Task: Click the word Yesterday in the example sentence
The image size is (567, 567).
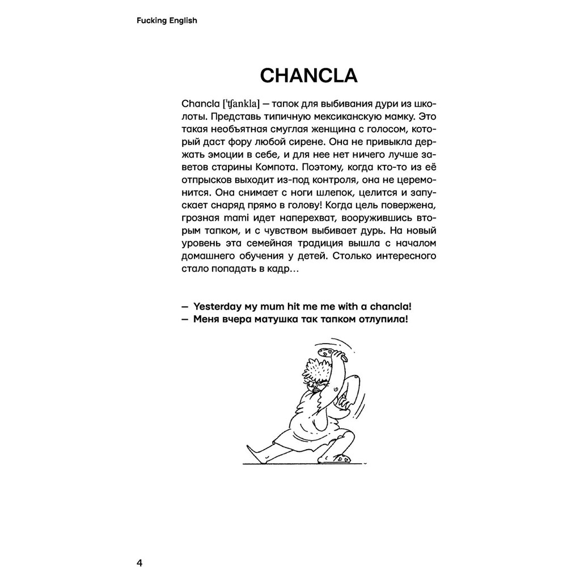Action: [215, 306]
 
